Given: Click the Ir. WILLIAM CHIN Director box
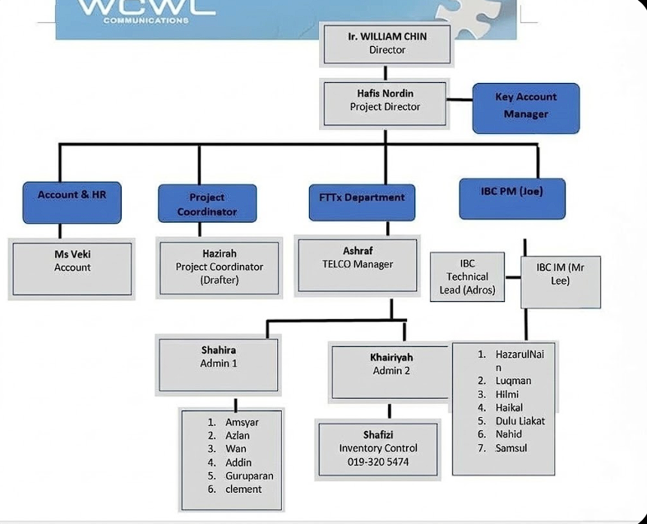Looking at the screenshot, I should click(386, 43).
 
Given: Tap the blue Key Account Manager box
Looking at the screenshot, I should click(525, 107).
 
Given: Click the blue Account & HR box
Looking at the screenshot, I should click(72, 202).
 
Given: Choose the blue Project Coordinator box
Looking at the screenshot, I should click(206, 203).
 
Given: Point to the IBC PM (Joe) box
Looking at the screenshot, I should click(511, 197).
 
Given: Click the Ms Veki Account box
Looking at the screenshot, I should click(72, 268).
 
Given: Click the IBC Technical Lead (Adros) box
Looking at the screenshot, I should click(468, 276).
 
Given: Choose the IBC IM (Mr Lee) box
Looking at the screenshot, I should click(560, 280).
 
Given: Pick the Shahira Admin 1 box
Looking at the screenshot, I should click(218, 362).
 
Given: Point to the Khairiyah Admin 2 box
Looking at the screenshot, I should click(391, 369).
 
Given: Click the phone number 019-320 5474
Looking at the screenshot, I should click(378, 461).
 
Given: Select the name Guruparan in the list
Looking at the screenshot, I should click(249, 475).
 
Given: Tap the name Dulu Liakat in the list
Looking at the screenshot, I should click(520, 421).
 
